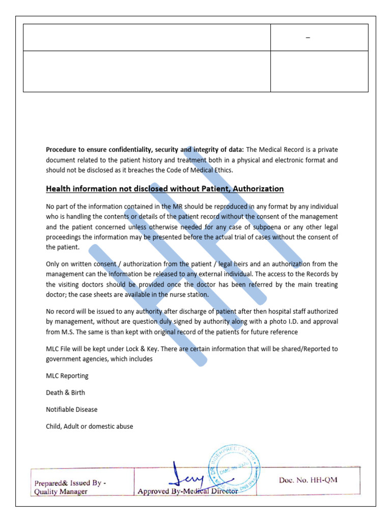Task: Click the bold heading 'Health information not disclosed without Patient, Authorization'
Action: coord(164,189)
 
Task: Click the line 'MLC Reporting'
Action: coord(67,376)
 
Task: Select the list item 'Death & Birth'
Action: coord(65,393)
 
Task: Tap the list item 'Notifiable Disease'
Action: coord(71,409)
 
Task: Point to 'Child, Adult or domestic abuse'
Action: coord(89,426)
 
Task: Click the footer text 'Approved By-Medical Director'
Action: coord(187,491)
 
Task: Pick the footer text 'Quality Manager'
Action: coord(61,491)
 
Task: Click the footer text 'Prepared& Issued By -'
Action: coord(70,483)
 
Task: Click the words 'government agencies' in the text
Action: coord(76,359)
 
